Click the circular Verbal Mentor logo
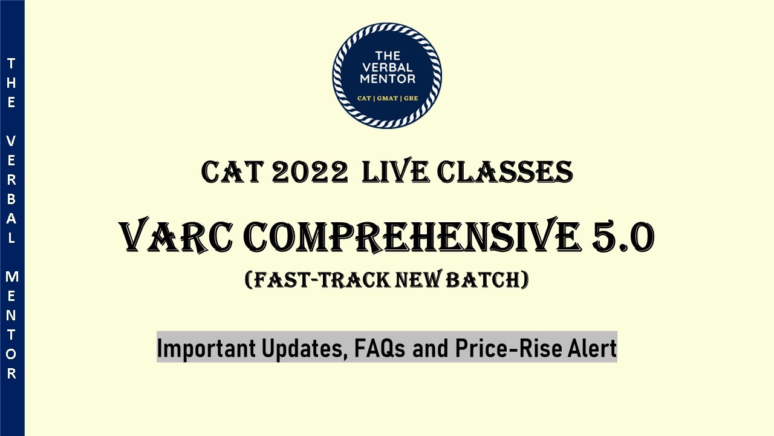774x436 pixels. click(x=387, y=76)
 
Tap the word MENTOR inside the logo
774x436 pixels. click(x=387, y=79)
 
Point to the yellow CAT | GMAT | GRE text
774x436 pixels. click(x=387, y=98)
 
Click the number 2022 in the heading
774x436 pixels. click(x=310, y=173)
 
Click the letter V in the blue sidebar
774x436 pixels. click(x=11, y=140)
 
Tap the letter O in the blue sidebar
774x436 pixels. click(x=11, y=354)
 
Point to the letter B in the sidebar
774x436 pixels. click(x=11, y=199)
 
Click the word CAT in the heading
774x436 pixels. click(x=232, y=173)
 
